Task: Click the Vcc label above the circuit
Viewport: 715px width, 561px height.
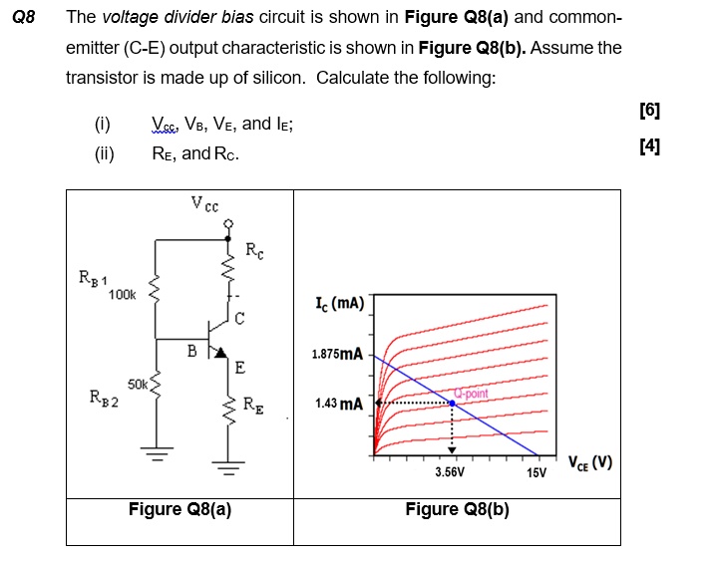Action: (205, 205)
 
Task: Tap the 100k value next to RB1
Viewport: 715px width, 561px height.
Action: (123, 295)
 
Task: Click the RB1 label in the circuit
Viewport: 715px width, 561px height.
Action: (94, 276)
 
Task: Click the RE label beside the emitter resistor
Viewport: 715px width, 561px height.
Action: (255, 405)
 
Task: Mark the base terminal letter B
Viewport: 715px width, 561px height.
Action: (191, 350)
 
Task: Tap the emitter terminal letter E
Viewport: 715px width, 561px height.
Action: (240, 368)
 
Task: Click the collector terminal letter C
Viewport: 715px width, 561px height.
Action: (240, 319)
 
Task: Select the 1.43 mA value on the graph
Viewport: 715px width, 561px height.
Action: (339, 404)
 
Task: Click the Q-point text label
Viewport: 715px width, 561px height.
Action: (470, 393)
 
